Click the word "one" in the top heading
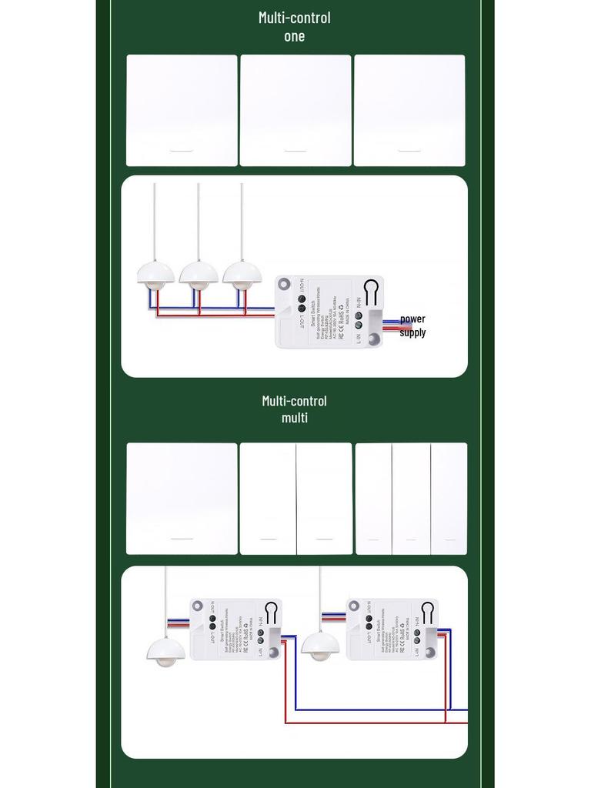coord(294,35)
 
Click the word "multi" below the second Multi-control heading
coord(294,418)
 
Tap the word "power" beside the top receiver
coord(412,319)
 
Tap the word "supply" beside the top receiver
coord(412,332)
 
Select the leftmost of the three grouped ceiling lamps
coord(155,275)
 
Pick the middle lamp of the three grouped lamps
coord(199,275)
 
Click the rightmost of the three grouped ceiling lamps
coord(242,275)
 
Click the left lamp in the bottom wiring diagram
coord(165,651)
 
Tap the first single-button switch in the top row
coord(182,110)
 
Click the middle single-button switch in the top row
coord(295,110)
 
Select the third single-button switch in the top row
coord(409,110)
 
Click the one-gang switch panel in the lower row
coord(182,499)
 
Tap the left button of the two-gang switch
coord(268,499)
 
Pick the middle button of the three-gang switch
coord(411,499)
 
